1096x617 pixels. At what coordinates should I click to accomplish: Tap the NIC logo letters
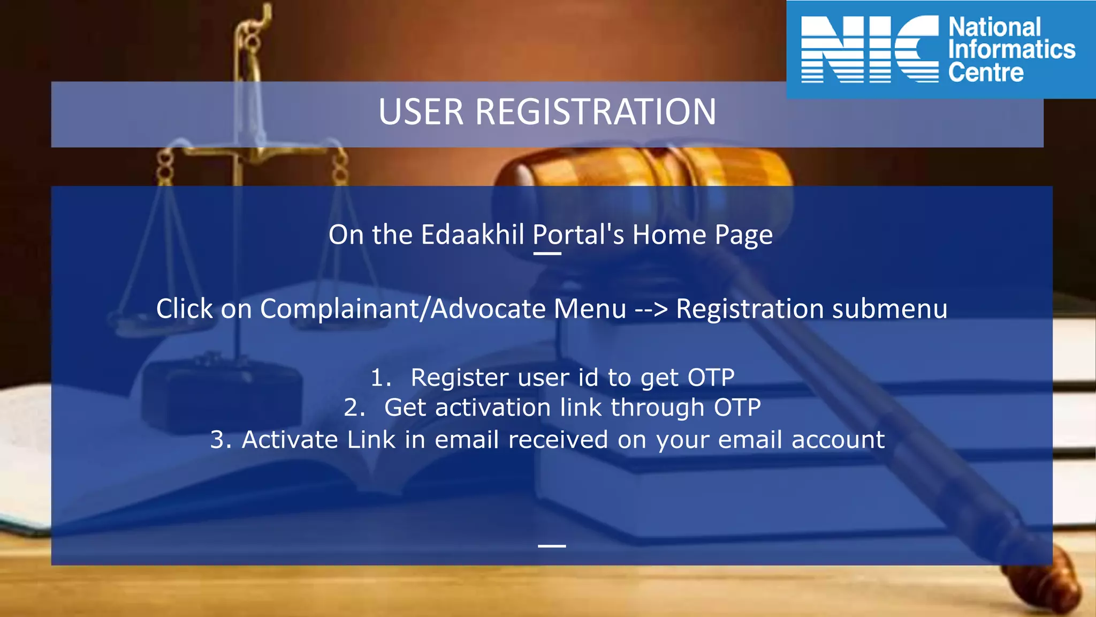(870, 49)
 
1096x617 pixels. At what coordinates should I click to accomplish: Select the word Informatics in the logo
(1011, 50)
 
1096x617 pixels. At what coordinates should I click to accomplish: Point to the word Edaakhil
(473, 235)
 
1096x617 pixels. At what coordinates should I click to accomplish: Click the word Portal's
(578, 235)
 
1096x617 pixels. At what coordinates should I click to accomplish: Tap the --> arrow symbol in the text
(651, 310)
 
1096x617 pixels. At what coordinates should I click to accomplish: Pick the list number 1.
(380, 378)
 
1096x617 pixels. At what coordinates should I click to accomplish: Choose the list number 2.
(354, 408)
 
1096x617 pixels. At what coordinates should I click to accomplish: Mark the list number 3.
(220, 440)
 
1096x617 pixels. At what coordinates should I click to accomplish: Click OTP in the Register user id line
(711, 378)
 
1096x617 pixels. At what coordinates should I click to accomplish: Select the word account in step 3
(838, 440)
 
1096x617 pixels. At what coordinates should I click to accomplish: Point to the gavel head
(642, 171)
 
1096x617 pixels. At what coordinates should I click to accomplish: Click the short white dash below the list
(552, 546)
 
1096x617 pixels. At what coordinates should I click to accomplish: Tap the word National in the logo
(994, 27)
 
